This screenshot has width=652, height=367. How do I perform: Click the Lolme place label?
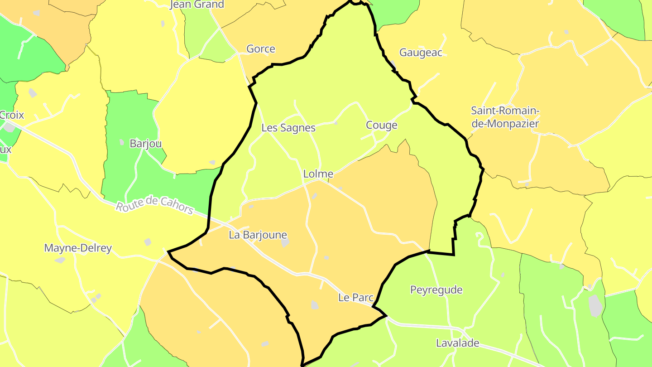pyautogui.click(x=318, y=174)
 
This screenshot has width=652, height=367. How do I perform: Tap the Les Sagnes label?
pyautogui.click(x=288, y=128)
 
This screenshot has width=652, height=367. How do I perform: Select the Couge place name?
pyautogui.click(x=381, y=125)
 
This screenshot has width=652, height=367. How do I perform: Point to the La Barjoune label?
pyautogui.click(x=258, y=235)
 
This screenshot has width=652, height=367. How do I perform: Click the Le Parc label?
pyautogui.click(x=355, y=298)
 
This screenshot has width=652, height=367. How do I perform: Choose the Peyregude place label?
pyautogui.click(x=436, y=290)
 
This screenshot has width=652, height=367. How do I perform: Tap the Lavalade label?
pyautogui.click(x=457, y=343)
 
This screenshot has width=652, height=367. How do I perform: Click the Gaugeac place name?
pyautogui.click(x=421, y=53)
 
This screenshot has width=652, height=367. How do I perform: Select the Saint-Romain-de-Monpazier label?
pyautogui.click(x=505, y=117)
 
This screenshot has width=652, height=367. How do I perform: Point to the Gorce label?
pyautogui.click(x=260, y=49)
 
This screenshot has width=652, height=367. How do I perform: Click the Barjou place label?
pyautogui.click(x=145, y=144)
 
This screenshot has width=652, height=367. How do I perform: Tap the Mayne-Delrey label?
pyautogui.click(x=77, y=248)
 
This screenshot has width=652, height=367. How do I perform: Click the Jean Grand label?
pyautogui.click(x=197, y=5)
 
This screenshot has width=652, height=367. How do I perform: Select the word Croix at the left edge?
pyautogui.click(x=11, y=115)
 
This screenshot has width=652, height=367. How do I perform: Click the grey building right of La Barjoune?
pyautogui.click(x=285, y=243)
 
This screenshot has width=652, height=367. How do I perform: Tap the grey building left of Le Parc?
pyautogui.click(x=315, y=305)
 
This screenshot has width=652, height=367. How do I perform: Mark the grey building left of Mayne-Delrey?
pyautogui.click(x=60, y=260)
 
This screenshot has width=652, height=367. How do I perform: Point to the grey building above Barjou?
pyautogui.click(x=122, y=142)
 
